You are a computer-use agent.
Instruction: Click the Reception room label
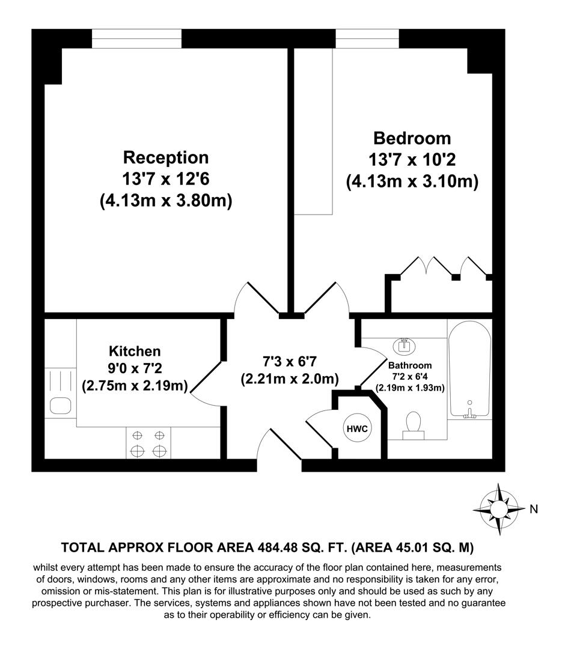coord(166,158)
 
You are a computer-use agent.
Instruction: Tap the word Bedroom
coord(412,138)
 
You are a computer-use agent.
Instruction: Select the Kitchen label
coord(135,351)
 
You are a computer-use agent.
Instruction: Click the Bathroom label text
coord(410,365)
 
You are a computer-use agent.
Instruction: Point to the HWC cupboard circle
coord(356,428)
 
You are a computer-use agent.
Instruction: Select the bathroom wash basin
coord(403,346)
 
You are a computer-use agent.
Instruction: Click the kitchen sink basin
coord(61,405)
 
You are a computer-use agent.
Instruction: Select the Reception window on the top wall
coord(136,38)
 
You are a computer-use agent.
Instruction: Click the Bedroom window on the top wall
coord(367,38)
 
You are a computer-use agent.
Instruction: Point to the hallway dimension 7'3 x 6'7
coord(290,362)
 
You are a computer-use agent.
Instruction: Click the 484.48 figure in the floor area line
coord(281,547)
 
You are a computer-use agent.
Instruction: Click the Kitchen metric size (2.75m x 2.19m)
coord(135,385)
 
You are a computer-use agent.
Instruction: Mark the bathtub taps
coord(471,412)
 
